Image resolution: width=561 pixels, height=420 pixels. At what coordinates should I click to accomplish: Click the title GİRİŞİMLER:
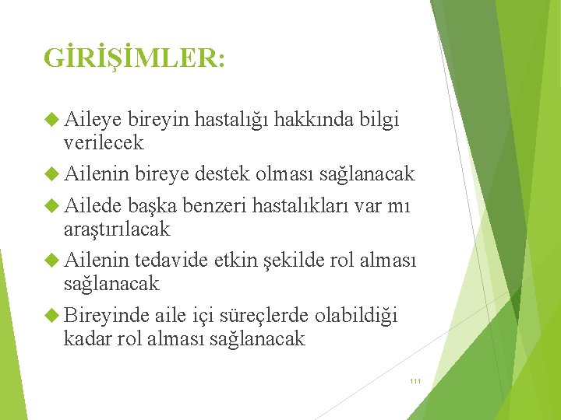(135, 58)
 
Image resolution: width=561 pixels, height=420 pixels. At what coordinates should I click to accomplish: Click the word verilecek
(104, 143)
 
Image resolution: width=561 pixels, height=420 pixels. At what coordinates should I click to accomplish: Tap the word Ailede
(93, 206)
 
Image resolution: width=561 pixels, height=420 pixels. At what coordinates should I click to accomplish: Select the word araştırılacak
(117, 229)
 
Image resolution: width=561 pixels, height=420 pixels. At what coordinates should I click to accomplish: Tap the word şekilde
(286, 261)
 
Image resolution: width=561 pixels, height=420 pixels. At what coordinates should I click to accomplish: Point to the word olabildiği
(357, 316)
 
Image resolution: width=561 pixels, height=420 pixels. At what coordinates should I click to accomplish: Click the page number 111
(415, 381)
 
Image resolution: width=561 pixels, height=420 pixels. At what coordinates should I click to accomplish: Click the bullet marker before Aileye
(52, 120)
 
